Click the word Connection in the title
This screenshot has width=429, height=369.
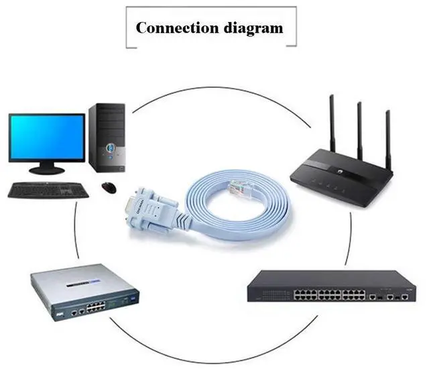coord(171,28)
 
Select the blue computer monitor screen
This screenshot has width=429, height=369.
coord(47,137)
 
